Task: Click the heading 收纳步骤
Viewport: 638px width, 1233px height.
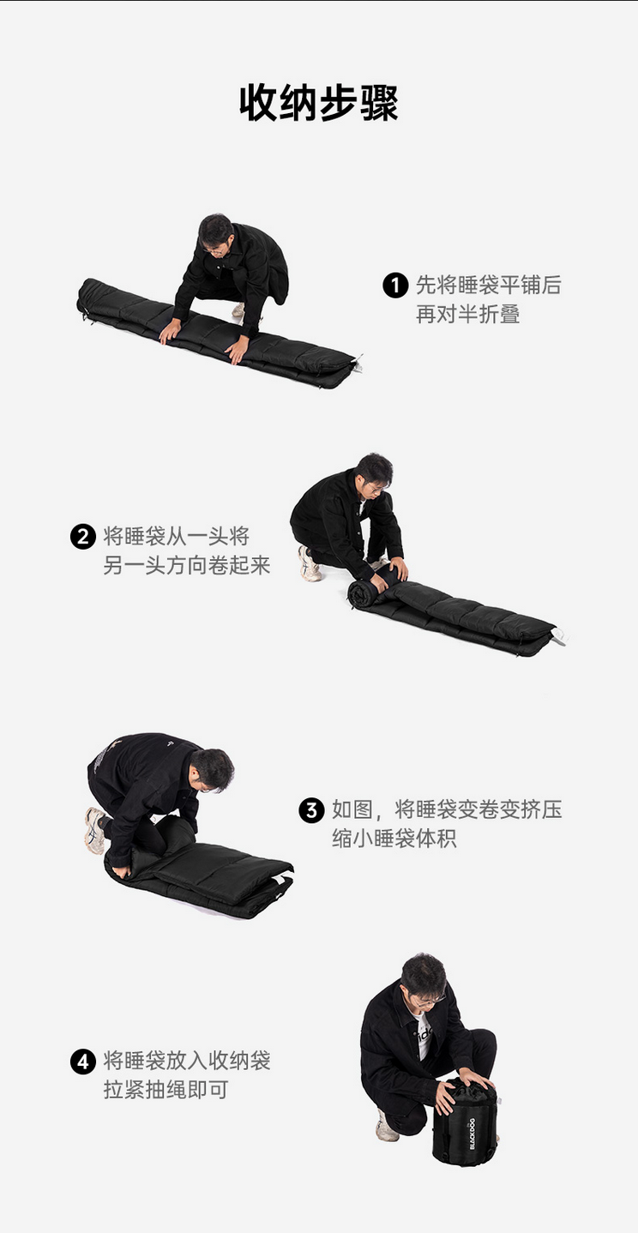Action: coord(319,103)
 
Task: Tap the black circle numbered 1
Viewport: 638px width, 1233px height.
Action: coord(395,286)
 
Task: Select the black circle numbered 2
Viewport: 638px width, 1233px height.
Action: coord(83,536)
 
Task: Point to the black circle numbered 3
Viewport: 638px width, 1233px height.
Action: coord(311,810)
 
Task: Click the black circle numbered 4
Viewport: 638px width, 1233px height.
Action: coord(83,1062)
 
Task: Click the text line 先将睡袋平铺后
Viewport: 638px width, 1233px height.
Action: coord(488,286)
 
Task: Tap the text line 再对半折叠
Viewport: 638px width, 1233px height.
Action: coord(467,315)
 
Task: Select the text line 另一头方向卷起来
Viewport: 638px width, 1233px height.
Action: coord(187,565)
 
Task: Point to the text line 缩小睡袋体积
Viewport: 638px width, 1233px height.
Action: coord(394,839)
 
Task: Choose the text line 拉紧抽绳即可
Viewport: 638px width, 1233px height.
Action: coord(166,1090)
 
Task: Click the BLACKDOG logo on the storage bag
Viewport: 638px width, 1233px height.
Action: coord(472,1134)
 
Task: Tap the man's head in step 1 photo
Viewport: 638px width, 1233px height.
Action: coord(216,234)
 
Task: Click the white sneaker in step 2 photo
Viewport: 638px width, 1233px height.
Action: coord(310,563)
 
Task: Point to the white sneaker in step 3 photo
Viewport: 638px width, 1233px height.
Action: coord(95,830)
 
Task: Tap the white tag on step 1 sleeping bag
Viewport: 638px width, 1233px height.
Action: coord(357,362)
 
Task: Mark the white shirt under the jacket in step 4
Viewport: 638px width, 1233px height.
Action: coord(424,1036)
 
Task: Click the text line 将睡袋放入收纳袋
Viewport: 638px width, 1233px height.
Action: coord(187,1061)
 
